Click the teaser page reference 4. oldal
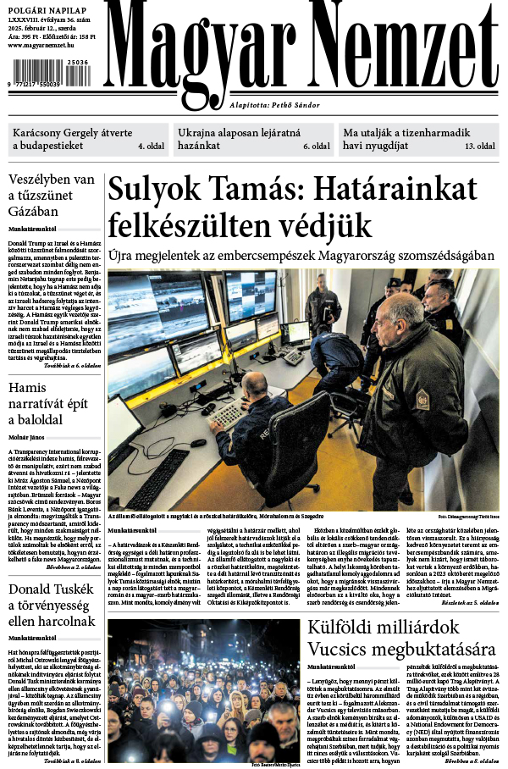(x=152, y=147)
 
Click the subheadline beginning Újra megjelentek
(x=301, y=255)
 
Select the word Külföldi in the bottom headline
(x=348, y=628)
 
